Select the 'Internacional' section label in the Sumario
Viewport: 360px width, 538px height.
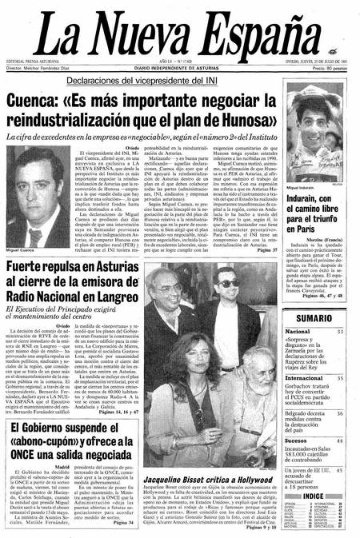(x=306, y=377)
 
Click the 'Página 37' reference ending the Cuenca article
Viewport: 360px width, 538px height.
(x=265, y=229)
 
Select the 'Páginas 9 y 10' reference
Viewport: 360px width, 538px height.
(x=258, y=530)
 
